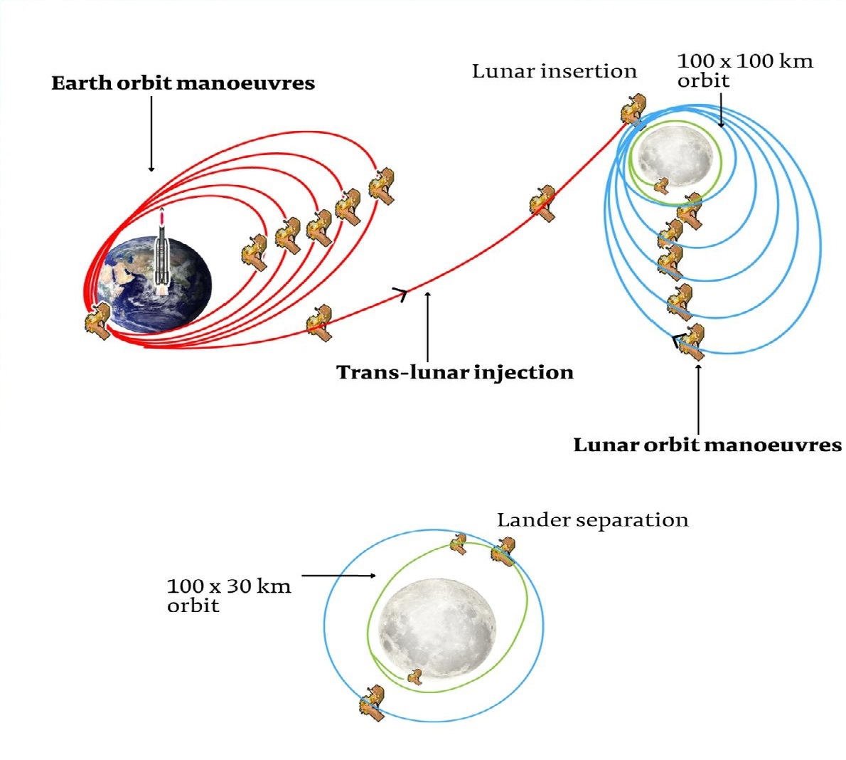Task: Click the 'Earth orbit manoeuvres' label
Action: tap(183, 83)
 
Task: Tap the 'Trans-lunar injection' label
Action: tap(455, 372)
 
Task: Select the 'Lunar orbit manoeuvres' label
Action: tap(707, 445)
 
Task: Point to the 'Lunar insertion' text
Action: tap(554, 71)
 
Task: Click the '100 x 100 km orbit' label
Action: tap(744, 70)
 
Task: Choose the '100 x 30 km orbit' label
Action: tap(228, 596)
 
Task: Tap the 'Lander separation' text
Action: tap(592, 520)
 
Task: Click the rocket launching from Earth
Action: tap(163, 253)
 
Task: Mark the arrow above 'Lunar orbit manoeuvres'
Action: tap(698, 399)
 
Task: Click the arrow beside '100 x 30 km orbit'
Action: tap(338, 575)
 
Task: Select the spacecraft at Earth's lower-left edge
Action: tap(97, 321)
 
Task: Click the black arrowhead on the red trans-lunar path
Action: tap(402, 293)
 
